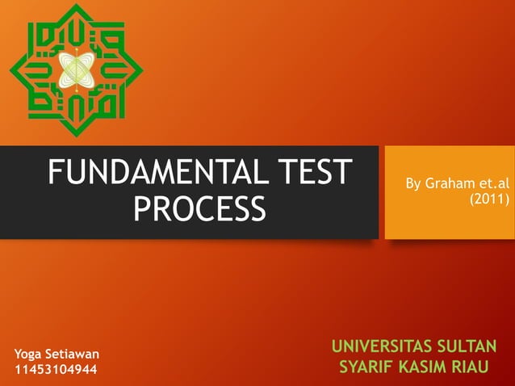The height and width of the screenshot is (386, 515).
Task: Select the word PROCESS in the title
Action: pos(199,209)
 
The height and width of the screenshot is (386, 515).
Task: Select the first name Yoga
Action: pos(30,355)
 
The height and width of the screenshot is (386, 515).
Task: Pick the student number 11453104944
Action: pos(56,371)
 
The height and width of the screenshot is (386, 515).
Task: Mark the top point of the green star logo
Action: pos(78,5)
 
